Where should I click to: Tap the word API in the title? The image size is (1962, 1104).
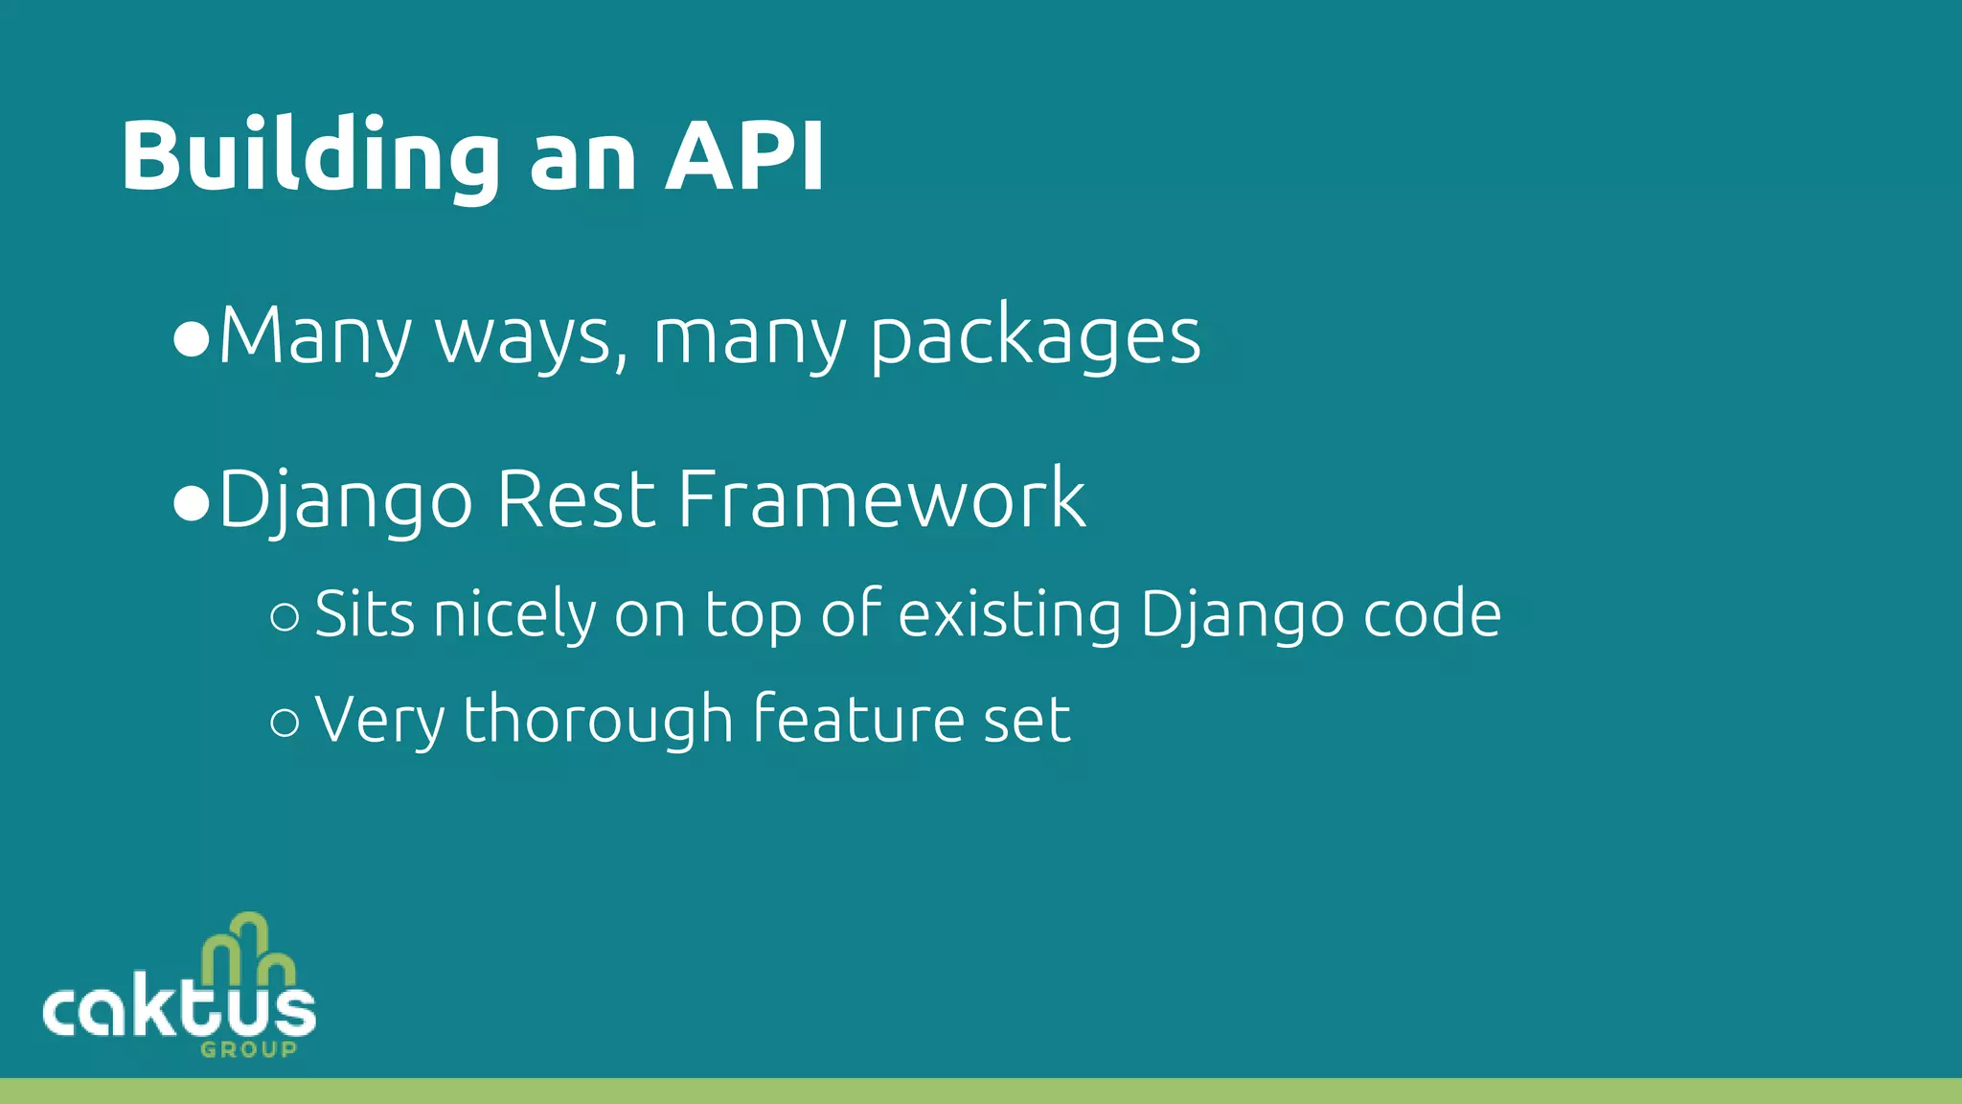tap(744, 156)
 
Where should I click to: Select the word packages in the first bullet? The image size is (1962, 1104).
tap(1035, 337)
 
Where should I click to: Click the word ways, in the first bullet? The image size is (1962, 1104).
tap(533, 337)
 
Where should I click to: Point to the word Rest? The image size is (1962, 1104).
tap(576, 499)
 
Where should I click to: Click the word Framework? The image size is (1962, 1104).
tap(881, 499)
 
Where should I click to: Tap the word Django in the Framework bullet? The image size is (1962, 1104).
tap(346, 499)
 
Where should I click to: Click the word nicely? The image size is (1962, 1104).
tap(514, 614)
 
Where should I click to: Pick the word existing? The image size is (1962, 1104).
tap(1010, 614)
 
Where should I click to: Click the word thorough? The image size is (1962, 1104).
tap(598, 720)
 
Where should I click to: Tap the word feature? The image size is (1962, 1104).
tap(857, 720)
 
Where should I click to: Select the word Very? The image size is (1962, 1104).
tap(378, 720)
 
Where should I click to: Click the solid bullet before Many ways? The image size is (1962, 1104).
tap(192, 340)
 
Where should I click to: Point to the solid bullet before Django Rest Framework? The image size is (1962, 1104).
tap(192, 503)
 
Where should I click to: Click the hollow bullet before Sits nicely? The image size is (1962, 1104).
tap(285, 617)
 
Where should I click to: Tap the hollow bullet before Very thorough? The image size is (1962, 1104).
tap(285, 722)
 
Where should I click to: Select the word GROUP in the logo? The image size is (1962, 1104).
tap(248, 1049)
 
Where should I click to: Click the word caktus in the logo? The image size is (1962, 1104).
tap(179, 1011)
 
